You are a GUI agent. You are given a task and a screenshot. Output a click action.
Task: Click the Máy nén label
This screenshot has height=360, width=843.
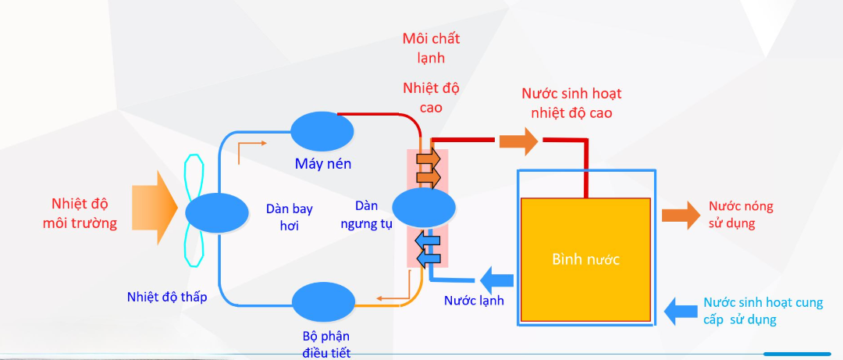323,163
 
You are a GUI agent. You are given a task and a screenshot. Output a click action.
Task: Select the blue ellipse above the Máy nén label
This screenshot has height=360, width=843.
322,128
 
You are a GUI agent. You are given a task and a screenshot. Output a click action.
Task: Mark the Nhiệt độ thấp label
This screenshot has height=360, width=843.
167,297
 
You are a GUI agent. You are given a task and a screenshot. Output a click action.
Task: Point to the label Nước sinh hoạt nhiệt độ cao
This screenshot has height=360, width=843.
571,103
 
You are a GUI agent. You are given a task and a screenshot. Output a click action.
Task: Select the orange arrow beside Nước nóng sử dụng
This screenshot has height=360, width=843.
681,215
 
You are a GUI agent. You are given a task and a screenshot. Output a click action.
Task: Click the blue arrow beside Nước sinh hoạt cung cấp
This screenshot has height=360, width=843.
681,311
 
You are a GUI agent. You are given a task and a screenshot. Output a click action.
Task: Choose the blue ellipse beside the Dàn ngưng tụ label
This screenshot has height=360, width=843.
423,209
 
